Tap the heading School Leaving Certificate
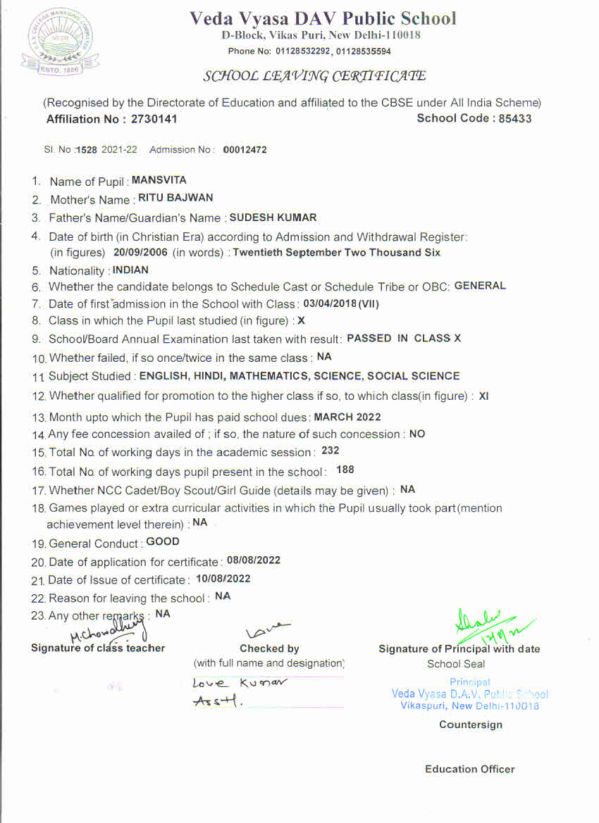[x=314, y=76]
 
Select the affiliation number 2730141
[x=154, y=119]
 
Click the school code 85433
[x=515, y=118]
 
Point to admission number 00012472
[x=245, y=150]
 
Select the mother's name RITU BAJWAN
[x=175, y=199]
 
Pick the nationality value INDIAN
[x=130, y=270]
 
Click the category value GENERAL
[x=480, y=285]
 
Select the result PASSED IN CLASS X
[x=404, y=338]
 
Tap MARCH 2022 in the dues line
[x=343, y=417]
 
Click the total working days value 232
[x=330, y=451]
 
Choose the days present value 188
[x=345, y=470]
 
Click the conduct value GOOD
[x=163, y=542]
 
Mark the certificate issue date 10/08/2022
[x=223, y=579]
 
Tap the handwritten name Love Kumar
[x=240, y=683]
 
